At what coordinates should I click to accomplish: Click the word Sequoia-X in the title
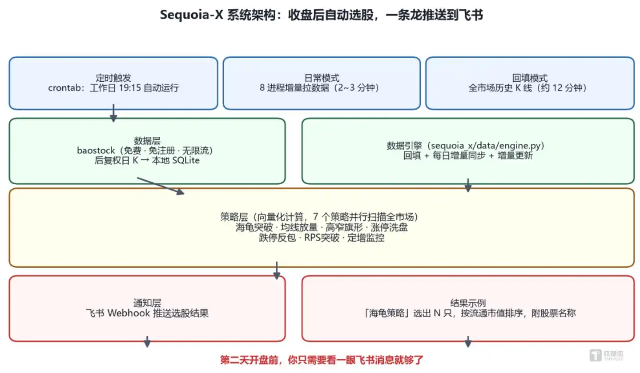pos(191,15)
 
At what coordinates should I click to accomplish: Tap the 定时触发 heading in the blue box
pos(113,78)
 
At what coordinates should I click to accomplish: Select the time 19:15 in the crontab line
pos(130,88)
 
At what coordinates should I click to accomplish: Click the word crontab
pos(64,88)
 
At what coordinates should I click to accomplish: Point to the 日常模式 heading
pos(322,78)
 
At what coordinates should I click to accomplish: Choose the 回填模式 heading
pos(530,78)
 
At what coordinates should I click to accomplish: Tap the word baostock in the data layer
pos(96,150)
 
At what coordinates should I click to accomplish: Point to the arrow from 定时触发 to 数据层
pos(113,113)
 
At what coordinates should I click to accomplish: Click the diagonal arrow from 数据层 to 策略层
pos(161,186)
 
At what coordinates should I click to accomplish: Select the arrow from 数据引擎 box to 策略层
pos(468,185)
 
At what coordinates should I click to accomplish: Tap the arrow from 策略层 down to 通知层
pos(277,270)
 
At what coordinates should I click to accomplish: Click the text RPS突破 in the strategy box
pos(322,238)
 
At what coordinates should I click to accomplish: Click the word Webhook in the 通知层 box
pos(129,313)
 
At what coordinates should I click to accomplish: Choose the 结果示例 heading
pos(468,303)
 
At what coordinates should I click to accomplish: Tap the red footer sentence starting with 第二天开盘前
pos(322,360)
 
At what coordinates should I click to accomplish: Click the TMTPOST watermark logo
pos(606,355)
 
